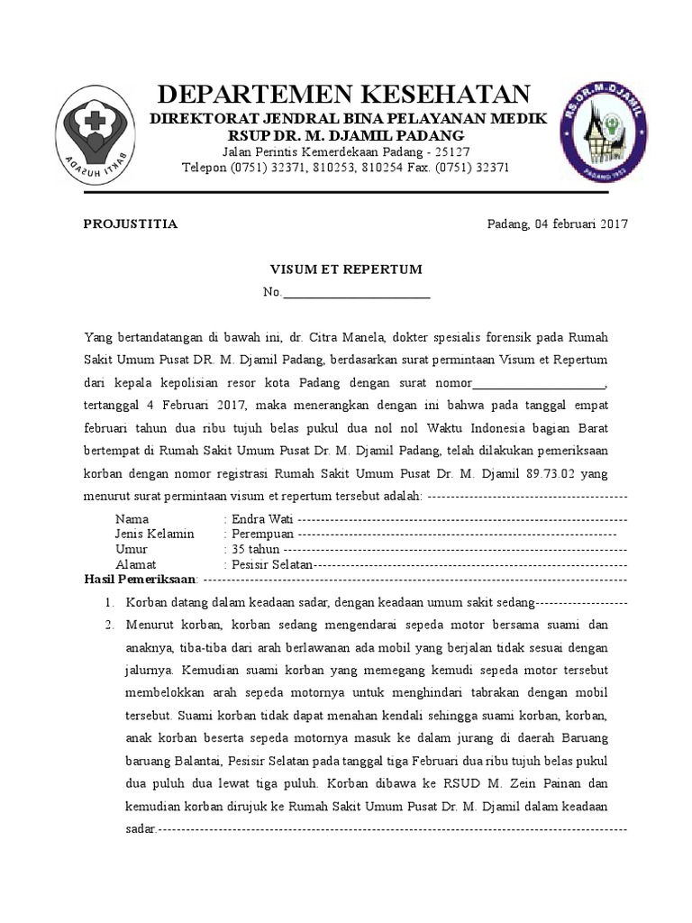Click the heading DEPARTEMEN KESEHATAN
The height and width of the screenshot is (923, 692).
[x=345, y=94]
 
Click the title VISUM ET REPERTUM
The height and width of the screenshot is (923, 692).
[x=347, y=270]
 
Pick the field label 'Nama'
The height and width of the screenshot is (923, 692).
[x=132, y=519]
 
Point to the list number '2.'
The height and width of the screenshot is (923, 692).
[x=109, y=625]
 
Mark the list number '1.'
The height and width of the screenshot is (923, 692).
[x=109, y=602]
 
